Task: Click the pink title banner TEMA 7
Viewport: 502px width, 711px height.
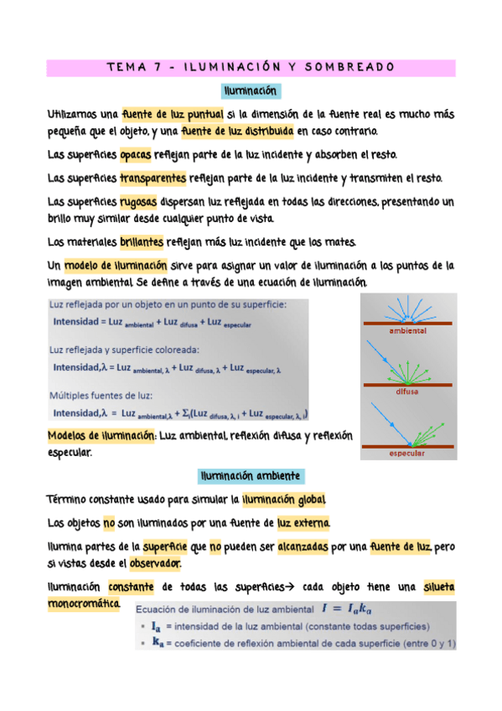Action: coord(251,67)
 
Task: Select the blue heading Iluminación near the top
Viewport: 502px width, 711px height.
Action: coord(251,91)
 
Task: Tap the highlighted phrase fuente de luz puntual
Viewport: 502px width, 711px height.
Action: coord(172,114)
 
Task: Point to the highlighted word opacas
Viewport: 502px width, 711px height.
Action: coord(136,155)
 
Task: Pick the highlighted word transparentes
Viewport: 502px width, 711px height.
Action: coord(153,179)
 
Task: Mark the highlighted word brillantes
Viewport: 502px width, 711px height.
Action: coord(142,242)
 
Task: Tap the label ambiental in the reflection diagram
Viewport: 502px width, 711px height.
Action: coord(408,331)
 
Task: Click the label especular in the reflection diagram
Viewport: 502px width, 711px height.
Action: coord(408,454)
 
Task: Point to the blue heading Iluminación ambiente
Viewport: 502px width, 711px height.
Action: coord(251,476)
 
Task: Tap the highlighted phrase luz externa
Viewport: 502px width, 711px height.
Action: coord(303,524)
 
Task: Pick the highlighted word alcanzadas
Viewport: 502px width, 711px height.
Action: coord(304,547)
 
